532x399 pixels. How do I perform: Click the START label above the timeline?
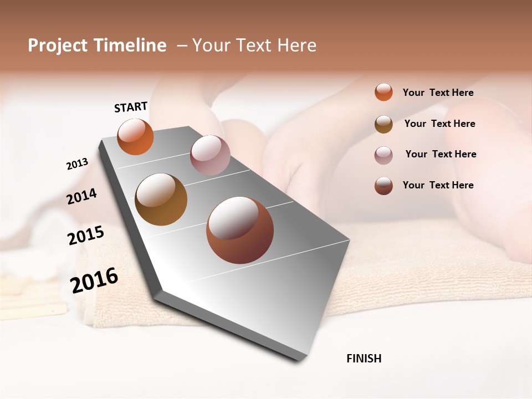pyautogui.click(x=131, y=107)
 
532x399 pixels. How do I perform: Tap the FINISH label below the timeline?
pyautogui.click(x=364, y=359)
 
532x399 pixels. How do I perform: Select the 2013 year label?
pyautogui.click(x=77, y=164)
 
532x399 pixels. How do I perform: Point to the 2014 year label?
pyautogui.click(x=81, y=197)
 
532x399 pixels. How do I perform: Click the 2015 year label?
pyautogui.click(x=86, y=236)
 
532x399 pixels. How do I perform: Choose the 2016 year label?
pyautogui.click(x=94, y=280)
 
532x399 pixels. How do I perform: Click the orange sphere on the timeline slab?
pyautogui.click(x=136, y=136)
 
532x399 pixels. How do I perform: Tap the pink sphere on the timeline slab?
pyautogui.click(x=210, y=155)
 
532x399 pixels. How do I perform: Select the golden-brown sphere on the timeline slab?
pyautogui.click(x=161, y=199)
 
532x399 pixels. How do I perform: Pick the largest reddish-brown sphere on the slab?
pyautogui.click(x=240, y=230)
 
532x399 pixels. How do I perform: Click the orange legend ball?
pyautogui.click(x=383, y=92)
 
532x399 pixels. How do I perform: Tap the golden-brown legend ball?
pyautogui.click(x=383, y=124)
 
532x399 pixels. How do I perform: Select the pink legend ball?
pyautogui.click(x=383, y=155)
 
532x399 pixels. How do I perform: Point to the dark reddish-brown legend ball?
pyautogui.click(x=383, y=185)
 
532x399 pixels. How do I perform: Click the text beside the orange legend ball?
pyautogui.click(x=438, y=93)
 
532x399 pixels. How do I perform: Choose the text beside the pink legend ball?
pyautogui.click(x=441, y=154)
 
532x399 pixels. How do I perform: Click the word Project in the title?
pyautogui.click(x=58, y=45)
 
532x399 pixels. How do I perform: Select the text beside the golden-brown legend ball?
pyautogui.click(x=439, y=124)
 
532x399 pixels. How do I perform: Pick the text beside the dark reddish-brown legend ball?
pyautogui.click(x=438, y=185)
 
